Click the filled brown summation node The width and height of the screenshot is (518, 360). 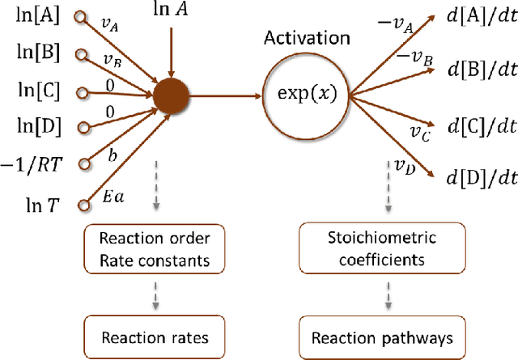point(171,96)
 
